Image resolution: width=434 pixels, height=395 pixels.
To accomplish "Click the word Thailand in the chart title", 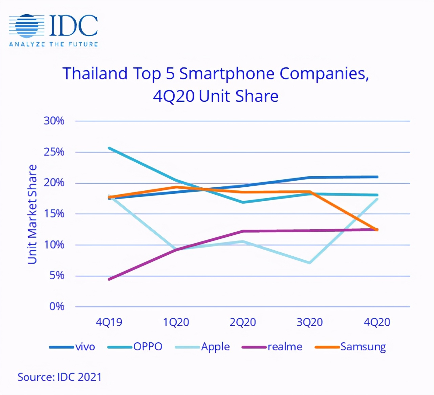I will tap(95, 74).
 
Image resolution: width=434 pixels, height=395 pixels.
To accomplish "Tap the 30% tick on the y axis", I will tap(54, 121).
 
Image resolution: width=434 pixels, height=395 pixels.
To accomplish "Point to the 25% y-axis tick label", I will tap(54, 152).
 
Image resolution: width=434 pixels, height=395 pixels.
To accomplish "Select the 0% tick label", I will tap(57, 306).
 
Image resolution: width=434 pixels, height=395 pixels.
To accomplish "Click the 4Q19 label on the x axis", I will tap(109, 322).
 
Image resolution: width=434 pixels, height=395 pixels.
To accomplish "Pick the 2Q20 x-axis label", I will tap(242, 322).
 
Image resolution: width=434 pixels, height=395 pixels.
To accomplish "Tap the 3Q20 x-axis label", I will tap(309, 322).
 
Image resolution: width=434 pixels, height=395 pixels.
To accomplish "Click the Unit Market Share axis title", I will tap(32, 214).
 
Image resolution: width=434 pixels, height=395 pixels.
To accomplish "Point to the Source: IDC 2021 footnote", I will tap(60, 377).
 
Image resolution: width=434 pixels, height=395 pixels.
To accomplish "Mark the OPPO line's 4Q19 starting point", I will tap(109, 148).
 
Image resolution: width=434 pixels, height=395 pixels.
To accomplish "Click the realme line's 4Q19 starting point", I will tap(109, 279).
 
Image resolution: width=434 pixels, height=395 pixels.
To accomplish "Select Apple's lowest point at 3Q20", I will tap(309, 263).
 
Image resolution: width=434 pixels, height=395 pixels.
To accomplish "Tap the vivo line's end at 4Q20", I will tap(377, 177).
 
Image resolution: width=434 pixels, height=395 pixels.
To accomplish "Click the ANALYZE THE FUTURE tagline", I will tap(53, 44).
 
